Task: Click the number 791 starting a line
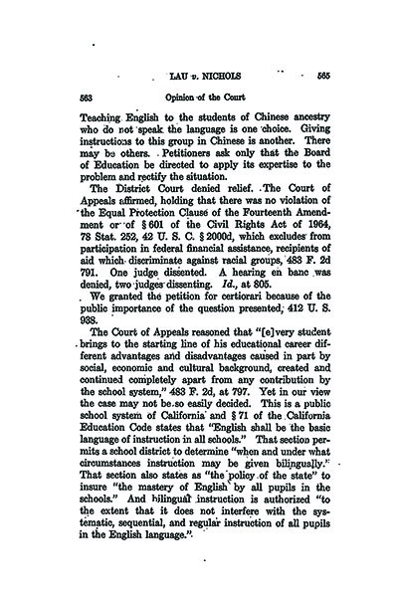(x=74, y=291)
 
